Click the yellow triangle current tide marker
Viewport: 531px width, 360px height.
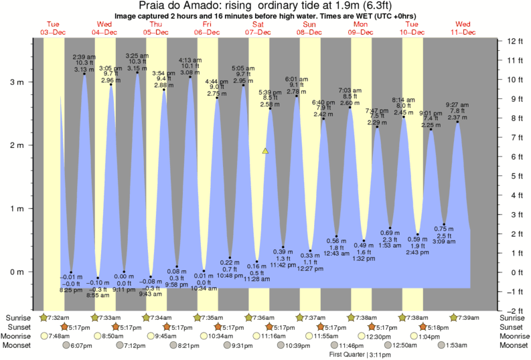[265, 151]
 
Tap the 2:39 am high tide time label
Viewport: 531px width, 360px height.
[84, 57]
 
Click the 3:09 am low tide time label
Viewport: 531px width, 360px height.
[445, 250]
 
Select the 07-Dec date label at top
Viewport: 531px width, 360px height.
[258, 32]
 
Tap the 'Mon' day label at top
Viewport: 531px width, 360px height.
[361, 25]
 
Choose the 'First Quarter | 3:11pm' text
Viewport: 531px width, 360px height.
[360, 355]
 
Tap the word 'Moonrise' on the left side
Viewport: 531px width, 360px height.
[19, 336]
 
